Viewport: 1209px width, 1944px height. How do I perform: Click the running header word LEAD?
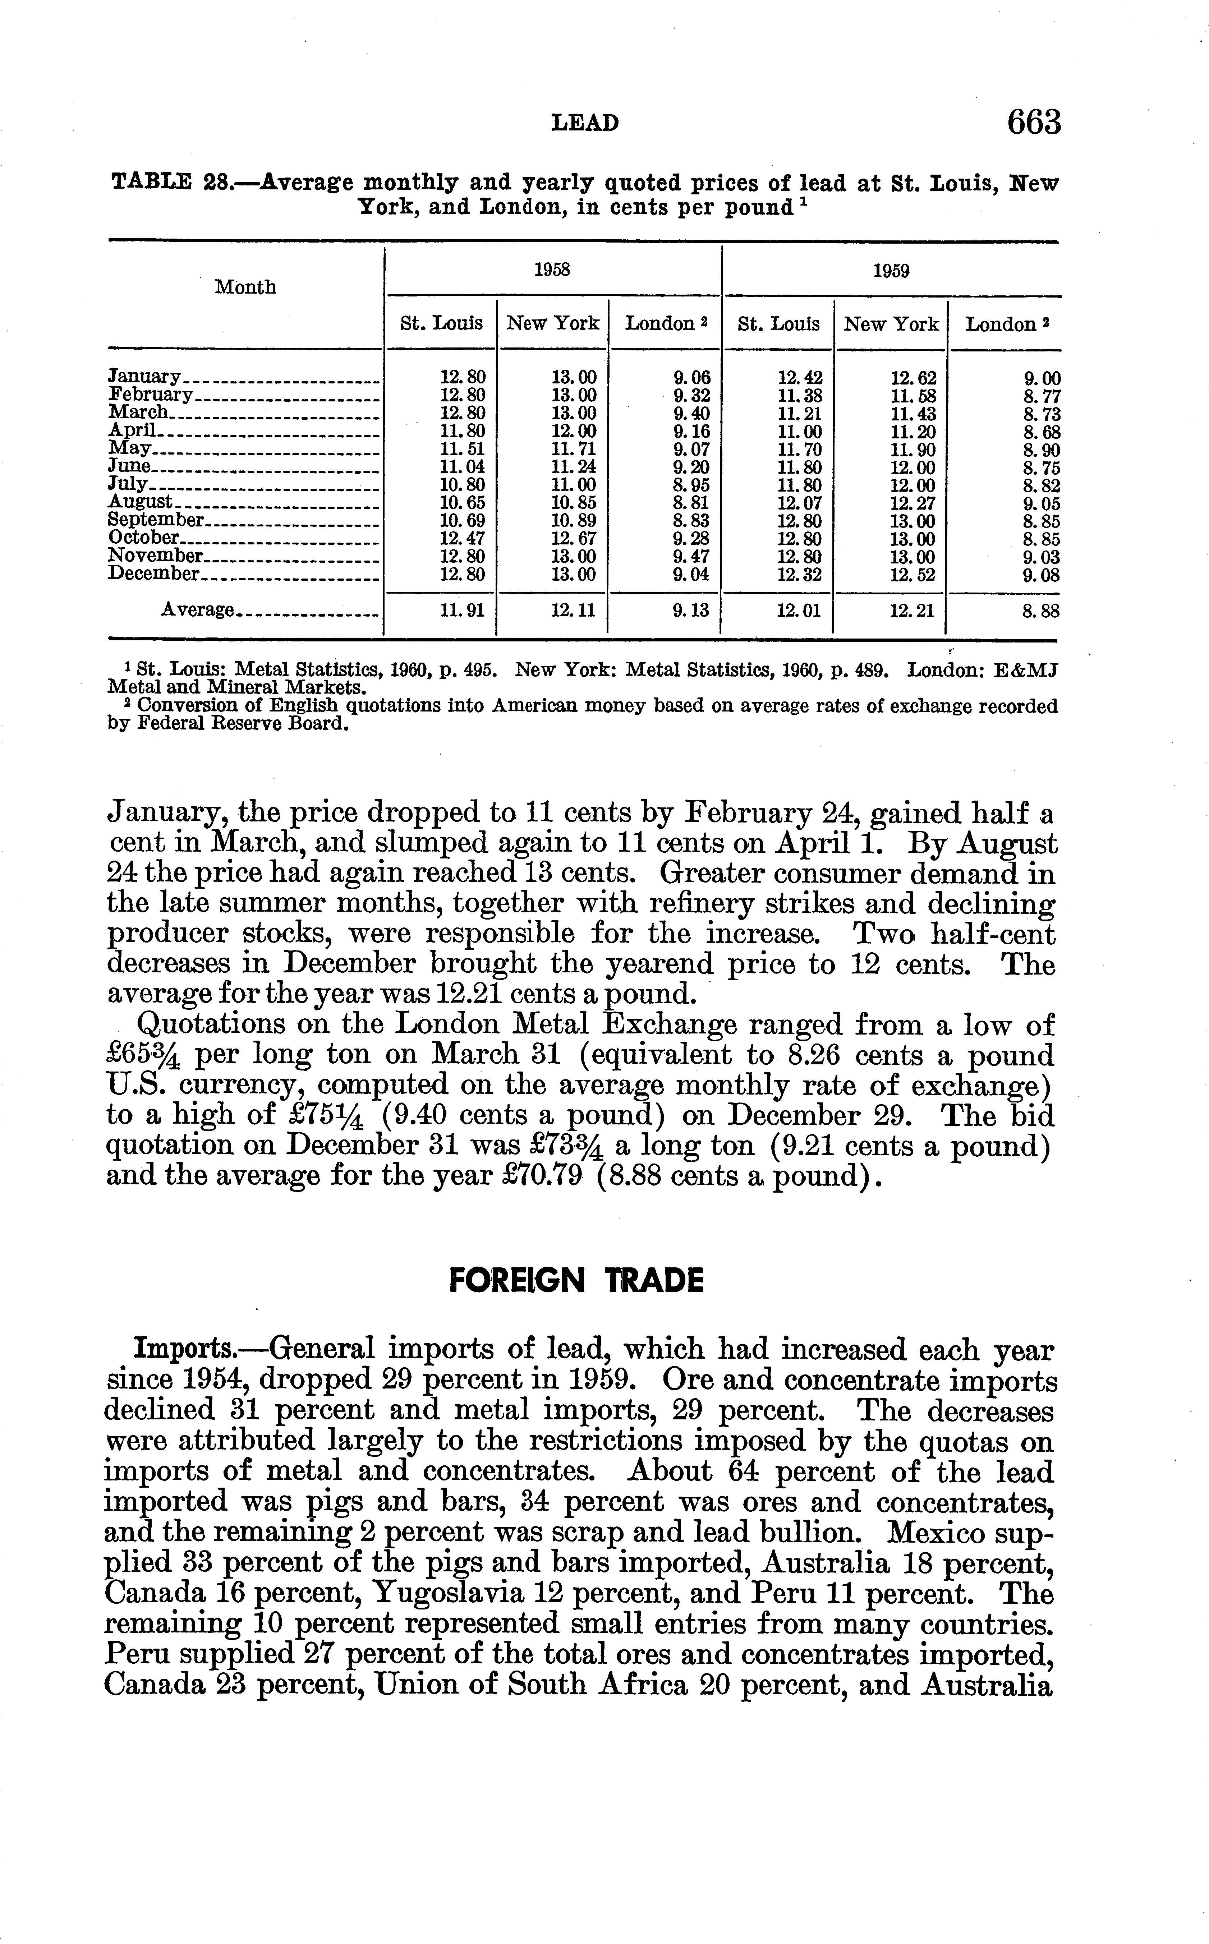point(585,123)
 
